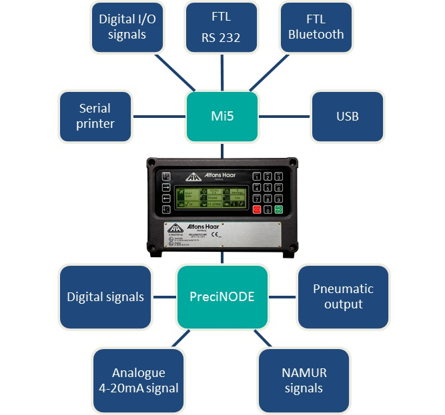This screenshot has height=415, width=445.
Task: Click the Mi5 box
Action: [x=221, y=117]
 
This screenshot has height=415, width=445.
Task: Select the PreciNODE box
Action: [x=222, y=296]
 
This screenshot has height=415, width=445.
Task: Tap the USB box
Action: [x=347, y=117]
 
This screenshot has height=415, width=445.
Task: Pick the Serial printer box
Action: [x=95, y=117]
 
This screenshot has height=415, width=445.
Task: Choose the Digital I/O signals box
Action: [x=127, y=27]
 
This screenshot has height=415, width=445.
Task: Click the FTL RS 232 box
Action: [x=221, y=27]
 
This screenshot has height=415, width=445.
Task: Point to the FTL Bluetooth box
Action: [x=316, y=27]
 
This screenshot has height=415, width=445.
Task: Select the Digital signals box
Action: [x=105, y=296]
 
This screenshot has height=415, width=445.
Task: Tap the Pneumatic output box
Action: [x=343, y=296]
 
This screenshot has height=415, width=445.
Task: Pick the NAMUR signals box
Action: [x=304, y=380]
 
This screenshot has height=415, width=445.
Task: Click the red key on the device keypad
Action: [x=256, y=209]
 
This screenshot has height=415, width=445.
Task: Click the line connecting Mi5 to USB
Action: [x=284, y=117]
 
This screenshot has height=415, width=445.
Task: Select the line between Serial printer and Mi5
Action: [x=159, y=117]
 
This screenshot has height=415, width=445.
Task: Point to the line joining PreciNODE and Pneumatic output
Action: [x=282, y=296]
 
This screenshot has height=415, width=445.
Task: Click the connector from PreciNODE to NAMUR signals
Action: [x=262, y=338]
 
